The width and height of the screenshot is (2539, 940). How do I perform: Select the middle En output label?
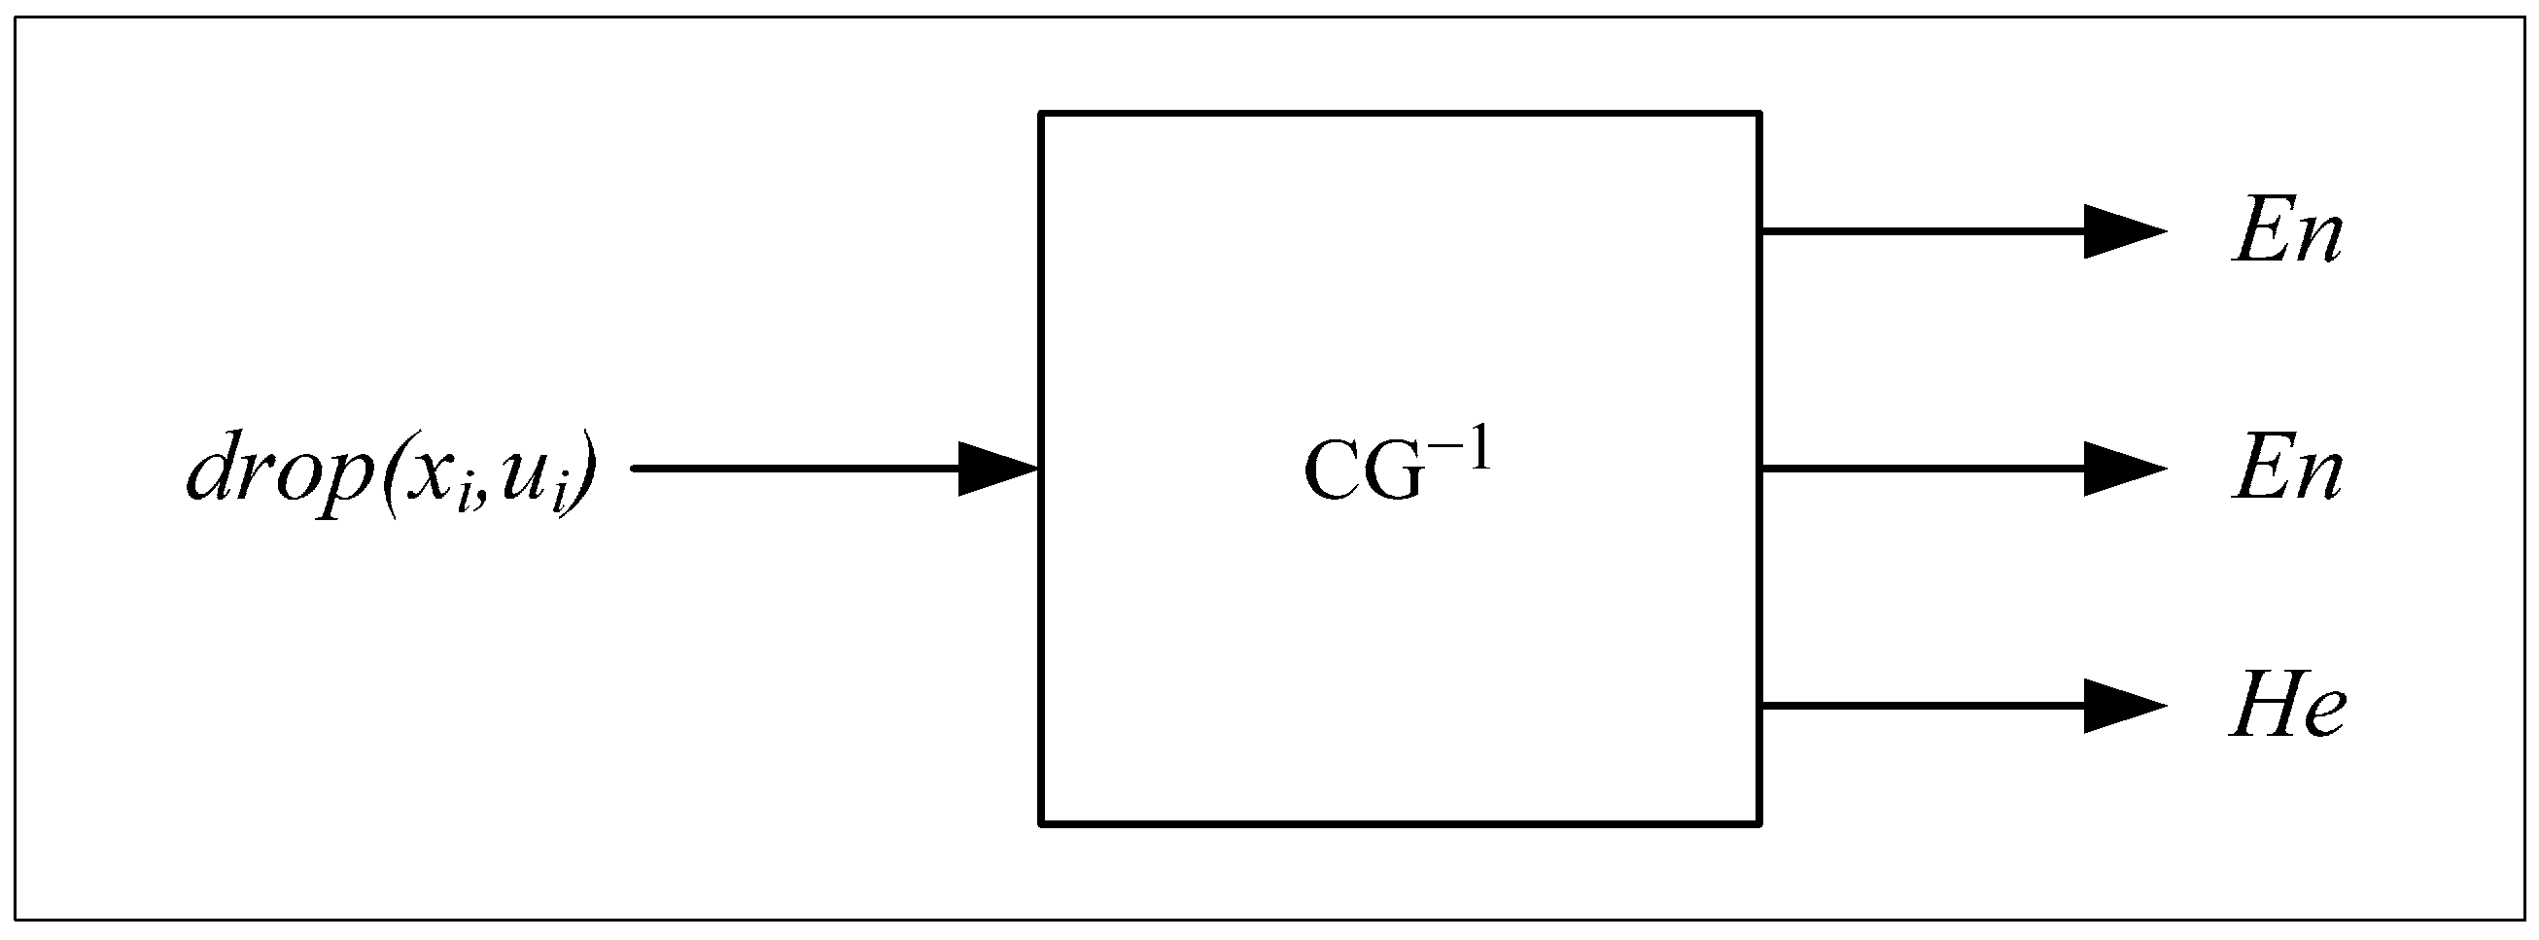(x=2285, y=472)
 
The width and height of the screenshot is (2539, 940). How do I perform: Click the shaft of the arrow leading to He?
(x=1922, y=706)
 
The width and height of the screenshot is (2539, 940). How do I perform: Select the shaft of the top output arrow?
(x=1922, y=231)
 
